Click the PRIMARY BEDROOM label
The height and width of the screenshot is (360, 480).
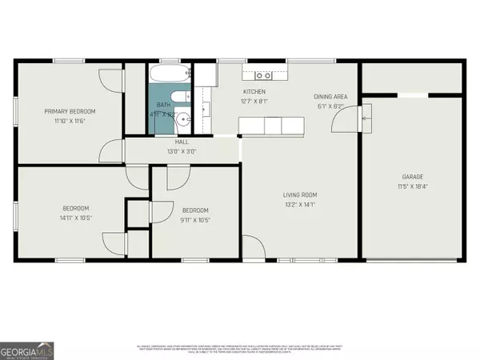coord(70,111)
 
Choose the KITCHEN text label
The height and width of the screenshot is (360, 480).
coord(254,92)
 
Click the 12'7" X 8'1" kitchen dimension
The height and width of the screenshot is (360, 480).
coord(254,102)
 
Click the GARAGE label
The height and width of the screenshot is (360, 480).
coord(412,177)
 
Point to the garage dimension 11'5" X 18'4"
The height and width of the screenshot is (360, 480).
coord(412,186)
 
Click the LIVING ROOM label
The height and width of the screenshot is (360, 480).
coord(301,194)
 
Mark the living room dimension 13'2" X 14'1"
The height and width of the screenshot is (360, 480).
coord(301,204)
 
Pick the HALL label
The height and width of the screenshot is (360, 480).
coord(182,142)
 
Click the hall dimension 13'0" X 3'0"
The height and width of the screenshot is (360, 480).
coord(182,151)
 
